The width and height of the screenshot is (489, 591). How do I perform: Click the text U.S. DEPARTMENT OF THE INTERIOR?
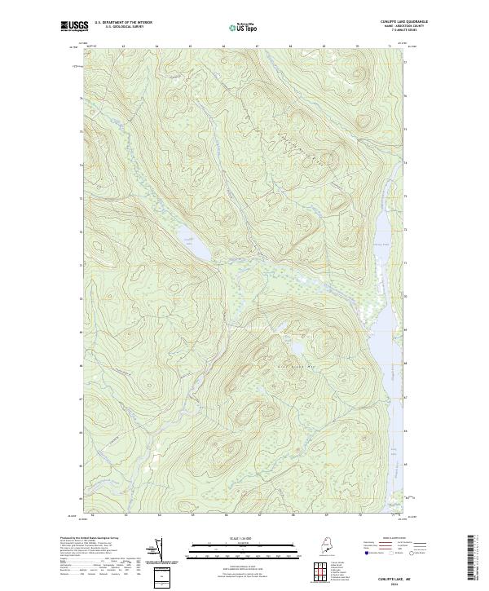pyautogui.click(x=123, y=23)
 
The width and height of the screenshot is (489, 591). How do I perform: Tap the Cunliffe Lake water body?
pyautogui.click(x=190, y=245)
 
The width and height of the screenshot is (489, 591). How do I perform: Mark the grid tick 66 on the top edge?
pyautogui.click(x=223, y=46)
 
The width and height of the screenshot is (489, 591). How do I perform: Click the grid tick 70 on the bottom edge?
pyautogui.click(x=359, y=515)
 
